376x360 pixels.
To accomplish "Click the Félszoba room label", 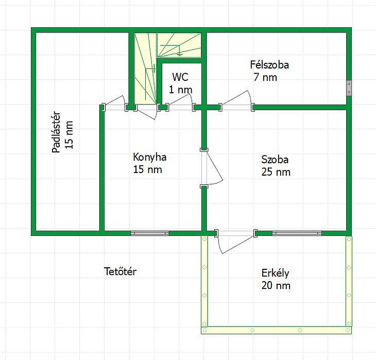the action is pos(269,65).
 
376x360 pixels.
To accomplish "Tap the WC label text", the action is pos(180,77).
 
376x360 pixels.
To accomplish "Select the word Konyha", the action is pos(150,157).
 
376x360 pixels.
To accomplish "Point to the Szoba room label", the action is pos(275,160).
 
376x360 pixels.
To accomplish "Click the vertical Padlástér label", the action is pos(56,132).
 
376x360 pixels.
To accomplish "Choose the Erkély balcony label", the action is pos(275,273).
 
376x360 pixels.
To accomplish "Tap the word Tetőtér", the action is pos(121,271).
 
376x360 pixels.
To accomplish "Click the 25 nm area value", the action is pos(276,172).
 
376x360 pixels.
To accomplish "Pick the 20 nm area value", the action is pos(276,286).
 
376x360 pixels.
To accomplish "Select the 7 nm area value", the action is pos(265,77).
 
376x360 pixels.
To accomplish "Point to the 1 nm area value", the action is pos(181,90).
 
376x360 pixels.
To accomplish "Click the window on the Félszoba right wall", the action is pos(349,88).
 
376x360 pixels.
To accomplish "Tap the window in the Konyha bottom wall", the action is pos(150,233).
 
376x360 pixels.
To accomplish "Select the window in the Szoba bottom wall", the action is pos(297,233).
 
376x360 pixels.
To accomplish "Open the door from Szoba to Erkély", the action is pos(236,241).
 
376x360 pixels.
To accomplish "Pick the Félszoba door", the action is pos(236,101).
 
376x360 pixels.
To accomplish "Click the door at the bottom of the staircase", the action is pos(147,111).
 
